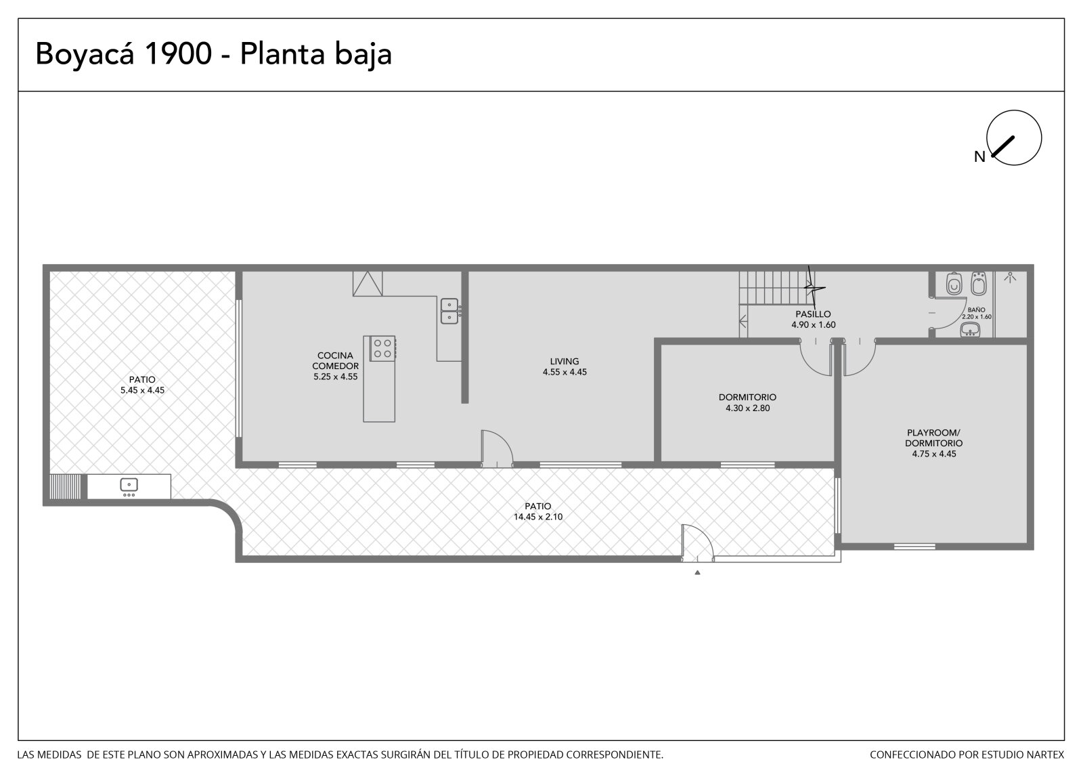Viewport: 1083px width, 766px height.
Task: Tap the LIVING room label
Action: tap(565, 362)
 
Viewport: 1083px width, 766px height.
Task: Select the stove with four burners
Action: tap(382, 348)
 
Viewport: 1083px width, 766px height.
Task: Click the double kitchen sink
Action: tap(449, 311)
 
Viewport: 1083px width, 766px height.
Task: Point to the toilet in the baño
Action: tap(954, 284)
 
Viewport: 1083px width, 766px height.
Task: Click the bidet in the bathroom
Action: tap(979, 284)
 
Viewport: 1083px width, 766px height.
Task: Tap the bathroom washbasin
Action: tap(970, 330)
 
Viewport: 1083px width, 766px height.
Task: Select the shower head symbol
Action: tap(1010, 277)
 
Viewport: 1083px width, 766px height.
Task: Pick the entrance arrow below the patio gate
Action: tap(697, 573)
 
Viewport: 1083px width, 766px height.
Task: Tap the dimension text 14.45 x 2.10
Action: tap(537, 517)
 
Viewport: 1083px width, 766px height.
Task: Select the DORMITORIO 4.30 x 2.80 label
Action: tap(747, 402)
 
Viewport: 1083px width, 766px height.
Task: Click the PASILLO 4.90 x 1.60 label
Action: tap(813, 320)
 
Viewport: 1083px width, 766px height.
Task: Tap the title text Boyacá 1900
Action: tap(124, 54)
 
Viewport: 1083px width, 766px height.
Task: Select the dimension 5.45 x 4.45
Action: tap(142, 391)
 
